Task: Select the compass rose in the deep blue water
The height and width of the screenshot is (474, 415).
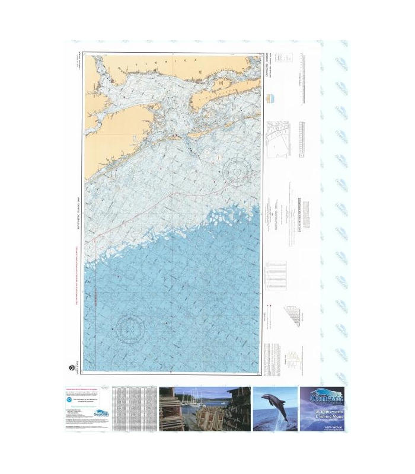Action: (x=130, y=328)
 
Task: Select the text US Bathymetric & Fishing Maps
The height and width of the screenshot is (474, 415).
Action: (x=322, y=415)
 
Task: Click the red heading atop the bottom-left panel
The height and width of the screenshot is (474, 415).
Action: (x=83, y=390)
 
